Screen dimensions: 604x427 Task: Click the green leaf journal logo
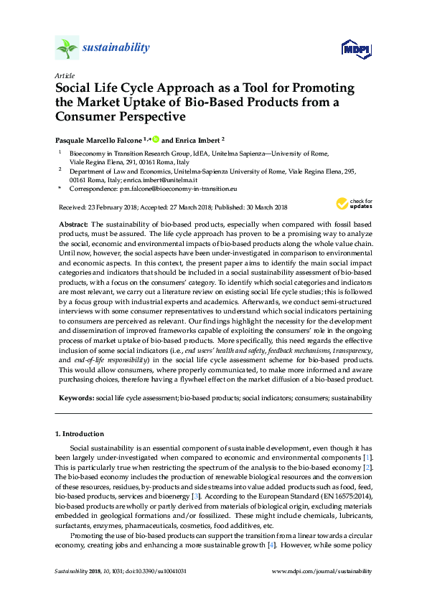point(67,48)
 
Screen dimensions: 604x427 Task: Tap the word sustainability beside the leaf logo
point(117,48)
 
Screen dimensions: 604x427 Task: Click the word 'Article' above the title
point(65,75)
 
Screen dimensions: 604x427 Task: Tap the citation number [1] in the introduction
point(367,457)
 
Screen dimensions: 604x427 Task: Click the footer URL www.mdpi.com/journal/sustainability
point(322,571)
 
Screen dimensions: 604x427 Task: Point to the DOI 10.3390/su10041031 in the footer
point(164,571)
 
